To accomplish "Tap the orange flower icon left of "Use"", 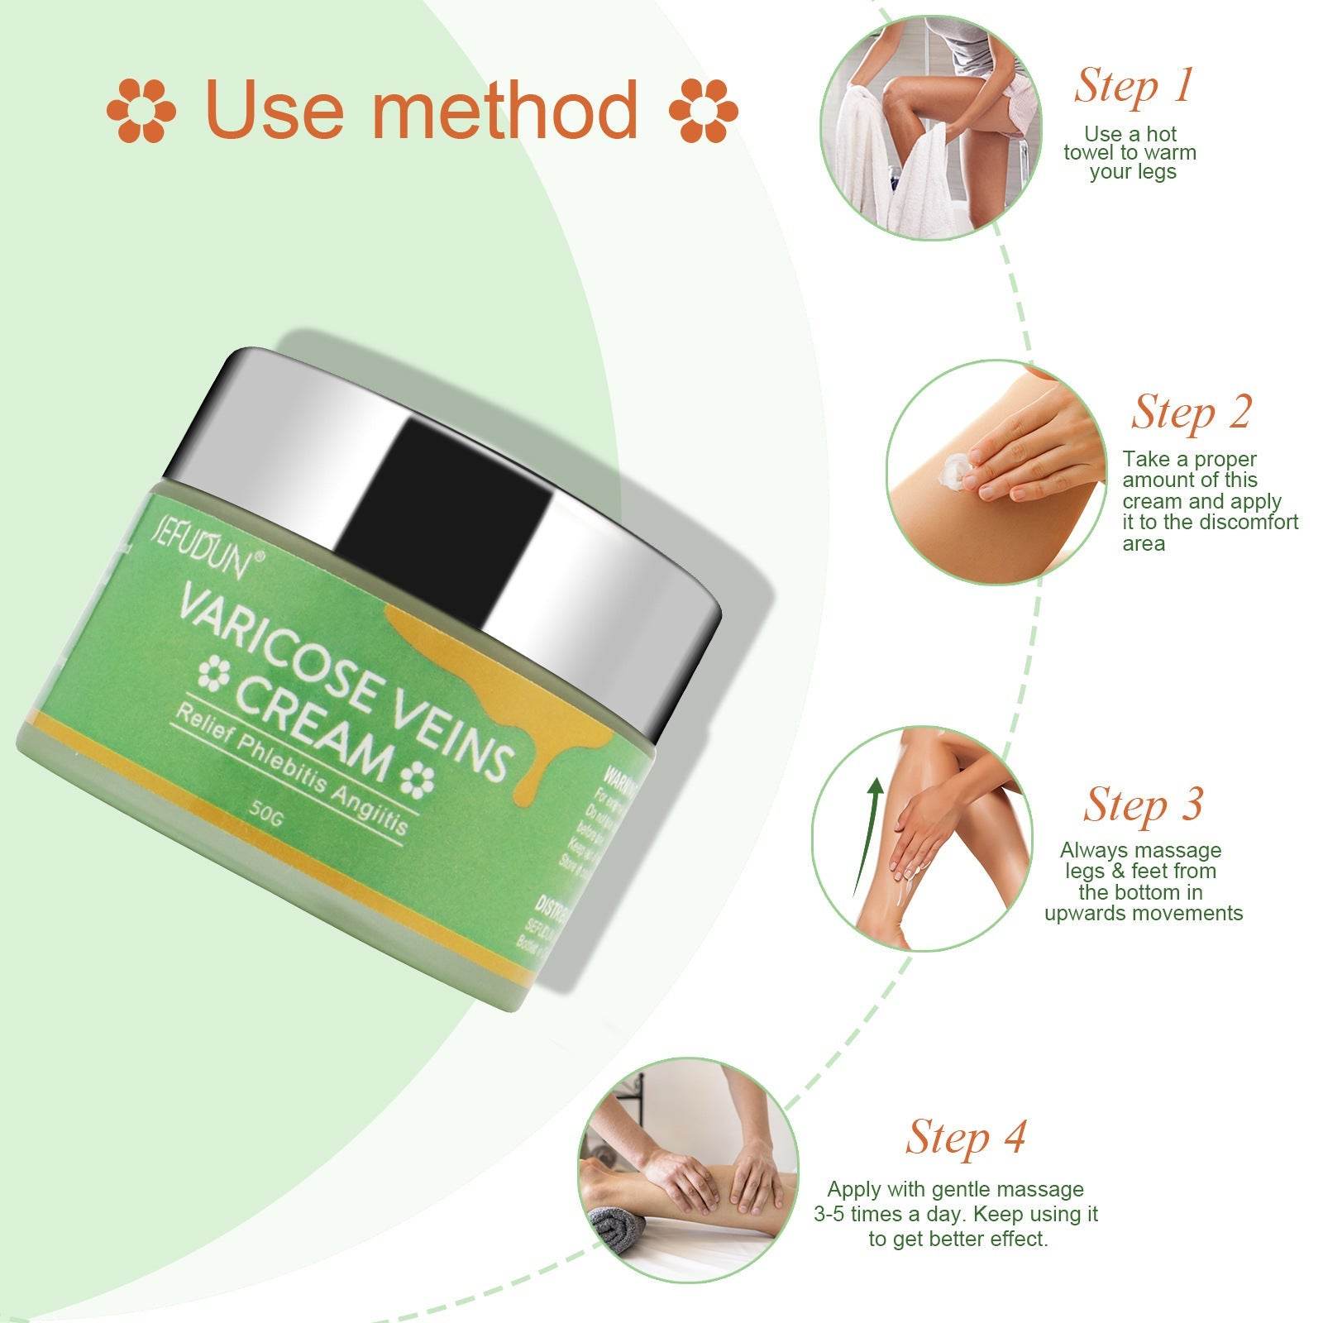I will tap(141, 110).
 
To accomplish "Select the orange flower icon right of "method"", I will tap(703, 110).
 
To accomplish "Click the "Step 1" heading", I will tap(1134, 85).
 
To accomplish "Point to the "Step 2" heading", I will tap(1191, 412).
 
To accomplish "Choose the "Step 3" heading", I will tap(1143, 804).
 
